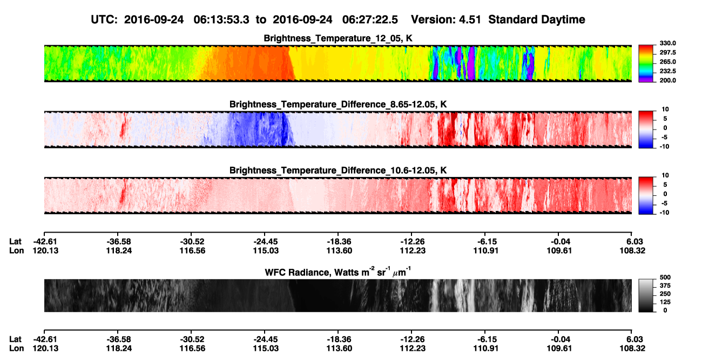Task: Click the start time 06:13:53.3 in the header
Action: [x=221, y=20]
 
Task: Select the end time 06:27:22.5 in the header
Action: [x=370, y=20]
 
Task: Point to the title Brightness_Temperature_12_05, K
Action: [x=338, y=38]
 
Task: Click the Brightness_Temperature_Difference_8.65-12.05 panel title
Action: [x=338, y=104]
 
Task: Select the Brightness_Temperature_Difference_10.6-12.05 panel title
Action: [x=338, y=171]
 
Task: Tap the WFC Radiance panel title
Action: [x=338, y=272]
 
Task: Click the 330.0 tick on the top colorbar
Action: [x=667, y=43]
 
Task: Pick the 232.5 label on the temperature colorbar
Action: [x=667, y=71]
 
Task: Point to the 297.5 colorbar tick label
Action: [x=667, y=52]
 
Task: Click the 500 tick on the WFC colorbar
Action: [x=665, y=277]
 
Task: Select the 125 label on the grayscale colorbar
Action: [x=665, y=302]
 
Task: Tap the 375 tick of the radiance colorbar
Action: [x=665, y=286]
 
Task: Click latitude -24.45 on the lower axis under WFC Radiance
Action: [x=265, y=339]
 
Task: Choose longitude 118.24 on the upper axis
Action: [x=119, y=250]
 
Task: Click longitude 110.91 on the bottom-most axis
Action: [x=486, y=349]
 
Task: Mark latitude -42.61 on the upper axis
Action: [x=45, y=242]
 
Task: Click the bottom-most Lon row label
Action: [x=17, y=349]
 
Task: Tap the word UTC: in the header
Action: [x=104, y=20]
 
